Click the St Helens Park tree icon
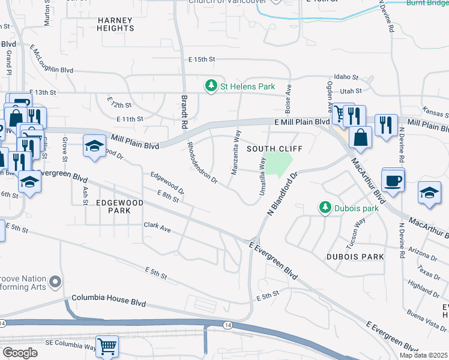click(x=211, y=86)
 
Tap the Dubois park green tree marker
click(x=325, y=208)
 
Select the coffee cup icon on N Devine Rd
click(x=393, y=180)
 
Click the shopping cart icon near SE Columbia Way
click(x=107, y=346)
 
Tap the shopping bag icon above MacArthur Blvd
click(x=360, y=137)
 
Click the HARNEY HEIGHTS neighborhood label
click(x=115, y=25)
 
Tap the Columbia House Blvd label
click(x=108, y=298)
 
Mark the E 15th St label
click(x=201, y=59)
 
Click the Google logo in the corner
click(x=20, y=353)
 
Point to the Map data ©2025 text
click(x=423, y=355)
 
